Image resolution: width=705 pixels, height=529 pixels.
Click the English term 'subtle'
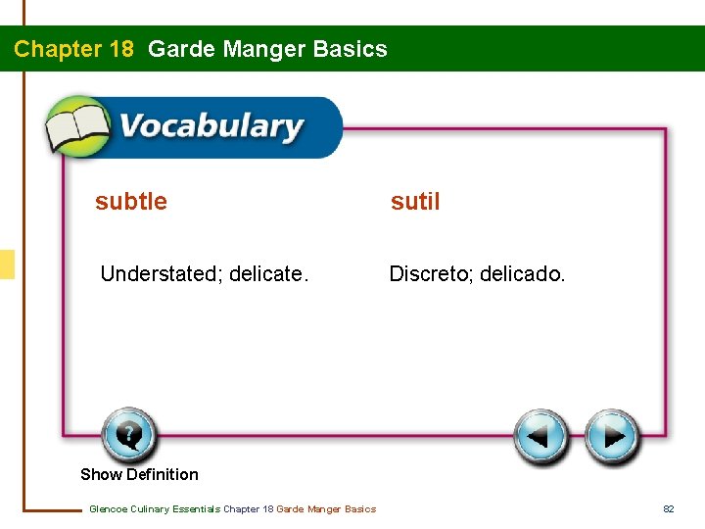131,202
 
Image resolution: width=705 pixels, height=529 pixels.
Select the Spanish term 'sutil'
415,202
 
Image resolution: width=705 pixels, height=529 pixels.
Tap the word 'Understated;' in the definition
162,274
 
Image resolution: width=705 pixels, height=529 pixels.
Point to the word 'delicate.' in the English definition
268,274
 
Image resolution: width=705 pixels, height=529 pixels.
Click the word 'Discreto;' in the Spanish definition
431,274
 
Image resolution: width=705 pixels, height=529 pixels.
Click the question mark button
127,434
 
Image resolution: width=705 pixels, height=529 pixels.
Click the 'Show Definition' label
139,474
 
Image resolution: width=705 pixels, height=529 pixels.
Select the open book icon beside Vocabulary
79,128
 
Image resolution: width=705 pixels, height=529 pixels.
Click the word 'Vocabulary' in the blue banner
211,127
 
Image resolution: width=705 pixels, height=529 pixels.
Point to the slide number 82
669,508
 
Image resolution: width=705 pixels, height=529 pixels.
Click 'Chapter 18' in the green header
73,49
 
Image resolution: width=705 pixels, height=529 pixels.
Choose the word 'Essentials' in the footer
196,508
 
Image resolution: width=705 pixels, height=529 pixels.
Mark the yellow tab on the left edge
7,264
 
